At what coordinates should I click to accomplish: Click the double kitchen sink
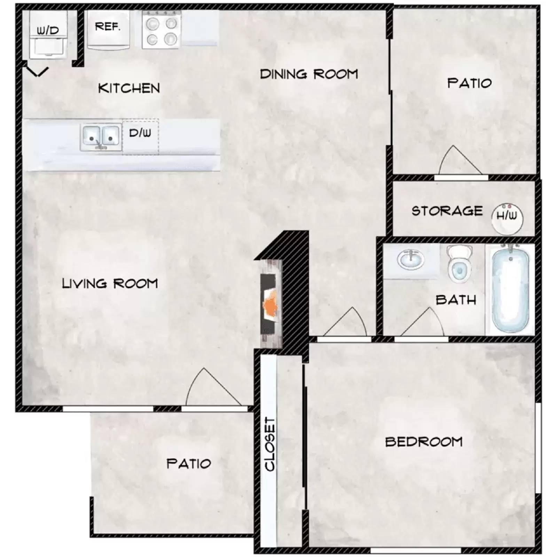pyautogui.click(x=101, y=137)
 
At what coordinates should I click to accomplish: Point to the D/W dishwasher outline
pyautogui.click(x=140, y=136)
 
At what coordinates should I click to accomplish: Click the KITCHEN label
pyautogui.click(x=129, y=88)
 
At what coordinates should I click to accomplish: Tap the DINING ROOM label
pyautogui.click(x=309, y=74)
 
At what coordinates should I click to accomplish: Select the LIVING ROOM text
pyautogui.click(x=110, y=283)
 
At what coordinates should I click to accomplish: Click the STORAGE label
pyautogui.click(x=447, y=211)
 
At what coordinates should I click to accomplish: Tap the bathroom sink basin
pyautogui.click(x=410, y=259)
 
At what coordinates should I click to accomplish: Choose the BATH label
pyautogui.click(x=456, y=300)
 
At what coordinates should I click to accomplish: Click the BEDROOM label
pyautogui.click(x=424, y=442)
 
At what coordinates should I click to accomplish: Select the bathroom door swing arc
pyautogui.click(x=423, y=324)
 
